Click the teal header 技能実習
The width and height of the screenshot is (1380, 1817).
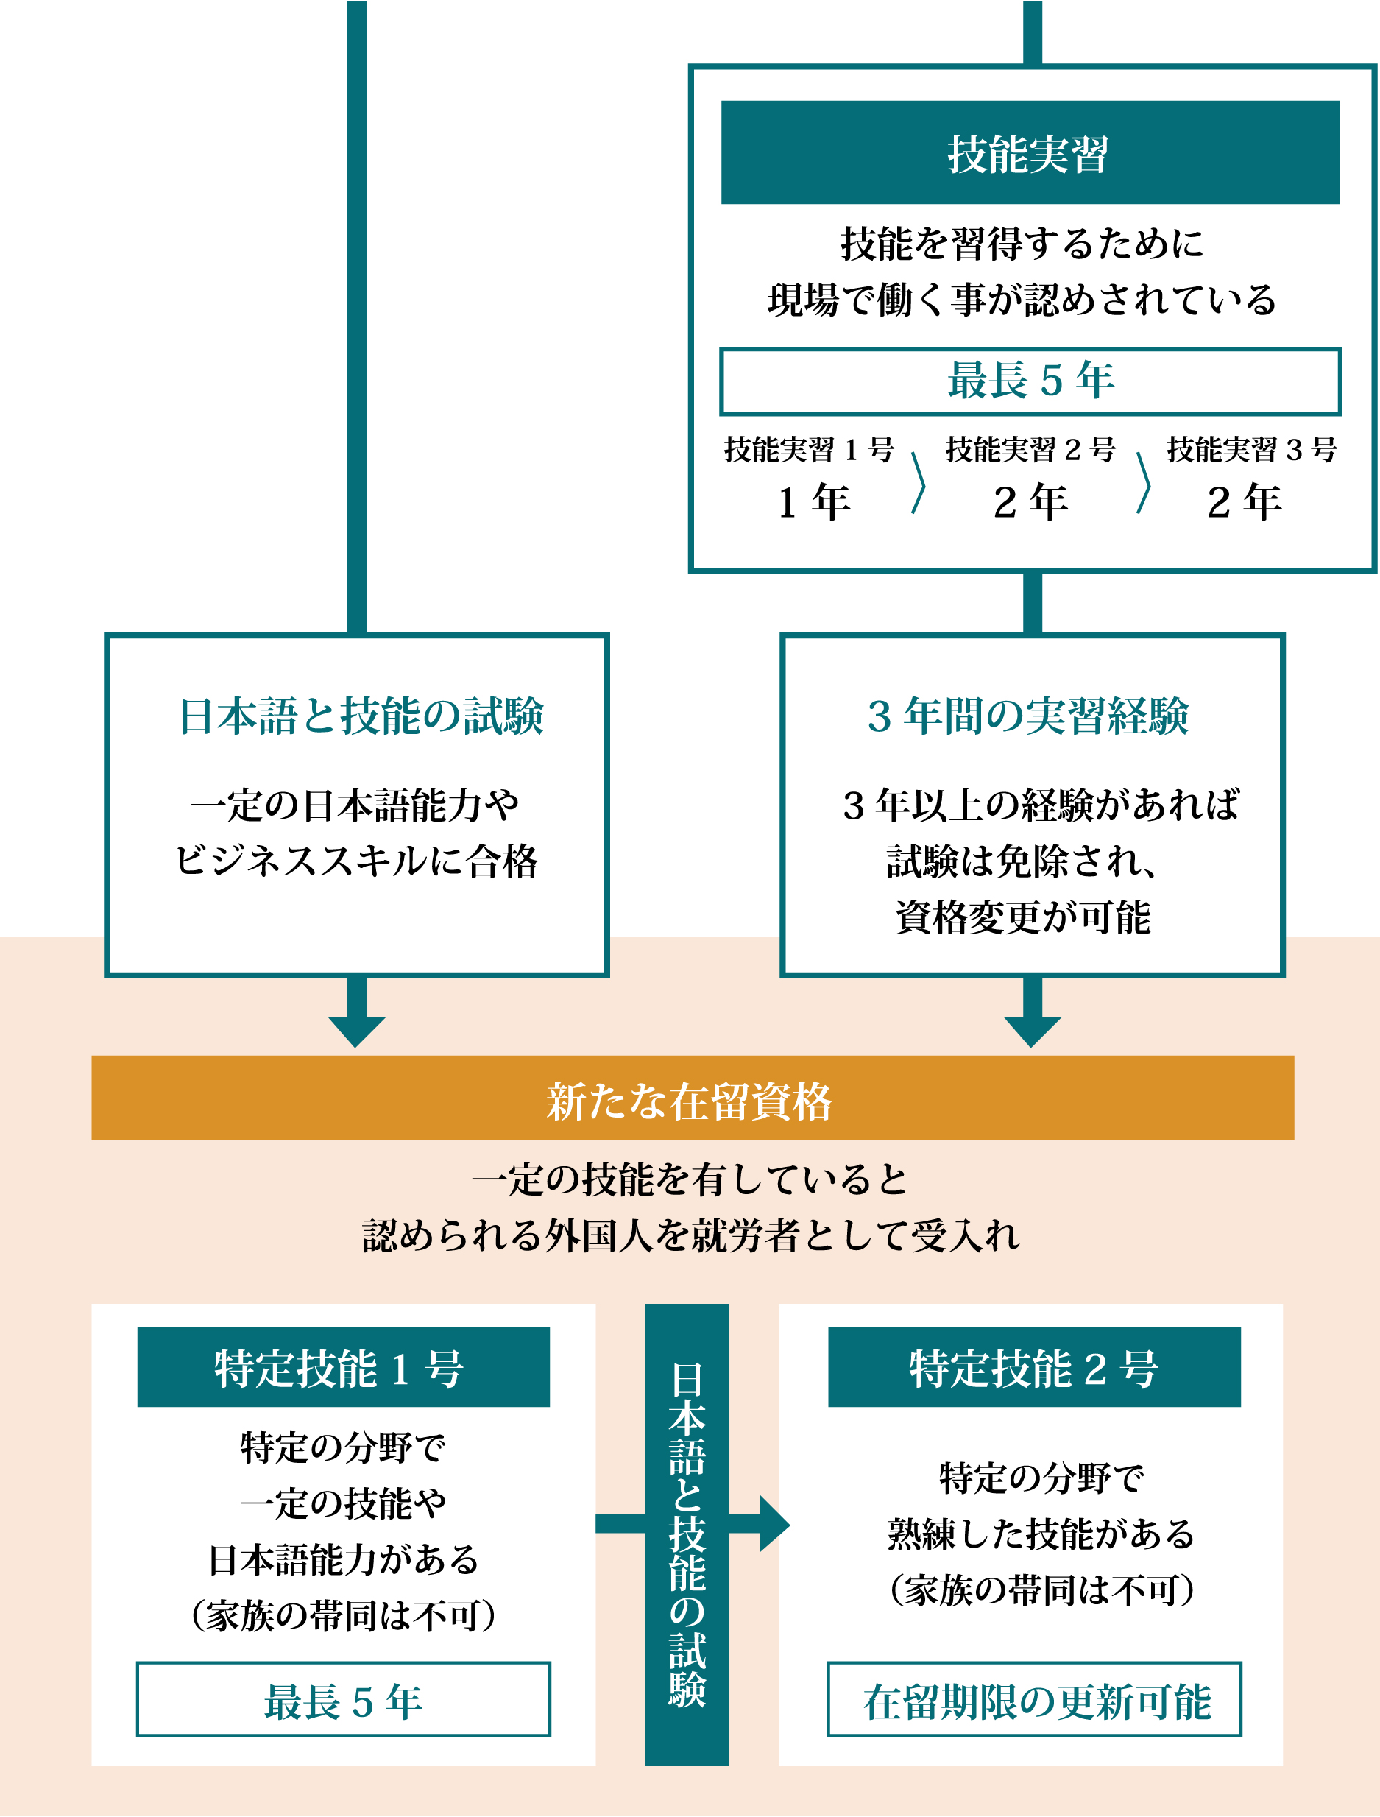pyautogui.click(x=1030, y=153)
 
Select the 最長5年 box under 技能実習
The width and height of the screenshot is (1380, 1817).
pyautogui.click(x=1030, y=381)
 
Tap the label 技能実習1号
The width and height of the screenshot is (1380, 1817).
pyautogui.click(x=808, y=450)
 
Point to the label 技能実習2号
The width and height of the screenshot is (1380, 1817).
pyautogui.click(x=1030, y=450)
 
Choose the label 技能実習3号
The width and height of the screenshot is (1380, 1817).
pyautogui.click(x=1251, y=450)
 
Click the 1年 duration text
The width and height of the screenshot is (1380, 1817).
pyautogui.click(x=813, y=502)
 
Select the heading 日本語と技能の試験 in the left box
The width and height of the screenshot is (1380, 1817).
pyautogui.click(x=361, y=716)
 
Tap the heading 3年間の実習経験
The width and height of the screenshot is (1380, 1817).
pyautogui.click(x=1028, y=716)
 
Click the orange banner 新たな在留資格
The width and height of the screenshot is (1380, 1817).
pyautogui.click(x=692, y=1098)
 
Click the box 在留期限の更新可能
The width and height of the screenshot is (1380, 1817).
pyautogui.click(x=1033, y=1699)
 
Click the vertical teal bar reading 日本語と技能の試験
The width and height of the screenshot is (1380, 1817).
pyautogui.click(x=687, y=1534)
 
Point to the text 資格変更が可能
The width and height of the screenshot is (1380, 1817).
pyautogui.click(x=1023, y=918)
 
